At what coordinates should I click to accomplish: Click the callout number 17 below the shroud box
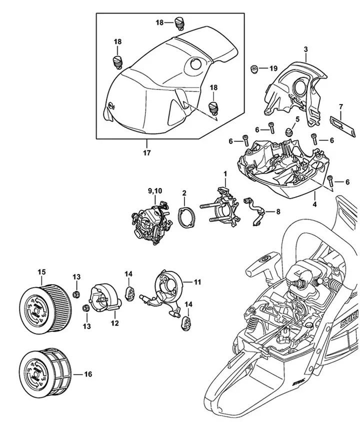[x=147, y=152]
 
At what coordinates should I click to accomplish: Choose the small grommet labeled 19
[x=254, y=68]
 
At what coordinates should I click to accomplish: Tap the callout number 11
[x=197, y=282]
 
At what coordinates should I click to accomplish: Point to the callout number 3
[x=305, y=49]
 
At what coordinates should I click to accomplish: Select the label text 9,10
[x=155, y=190]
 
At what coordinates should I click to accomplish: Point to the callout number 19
[x=273, y=68]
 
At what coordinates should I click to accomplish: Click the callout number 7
[x=340, y=106]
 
